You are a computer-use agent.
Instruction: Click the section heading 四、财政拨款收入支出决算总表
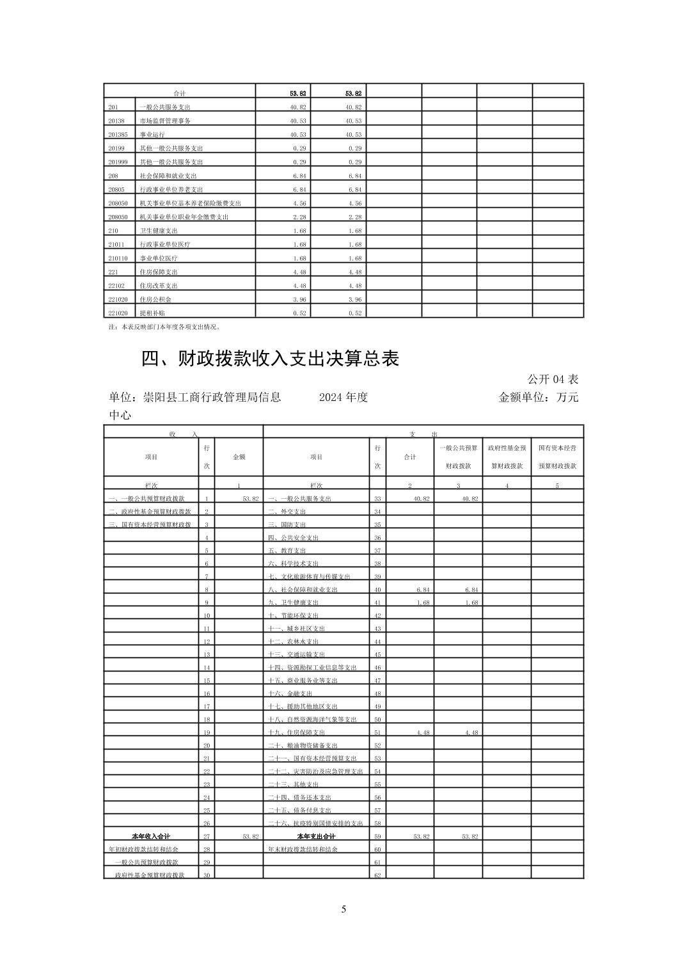[x=270, y=359]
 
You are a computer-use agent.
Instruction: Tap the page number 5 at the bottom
[x=343, y=909]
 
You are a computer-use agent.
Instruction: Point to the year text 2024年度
[x=343, y=397]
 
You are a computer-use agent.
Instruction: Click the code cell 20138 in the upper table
[x=116, y=121]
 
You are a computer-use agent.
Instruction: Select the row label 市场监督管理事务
[x=165, y=121]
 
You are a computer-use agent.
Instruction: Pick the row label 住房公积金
[x=155, y=299]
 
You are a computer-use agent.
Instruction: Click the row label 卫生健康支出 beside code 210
[x=159, y=231]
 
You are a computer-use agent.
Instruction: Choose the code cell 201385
[x=118, y=135]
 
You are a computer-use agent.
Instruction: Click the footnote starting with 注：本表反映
[x=165, y=327]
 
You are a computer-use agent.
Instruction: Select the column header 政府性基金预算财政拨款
[x=507, y=457]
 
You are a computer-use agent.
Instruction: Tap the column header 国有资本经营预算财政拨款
[x=557, y=457]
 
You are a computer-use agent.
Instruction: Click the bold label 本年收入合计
[x=151, y=836]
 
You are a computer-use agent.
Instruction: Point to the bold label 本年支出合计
[x=316, y=836]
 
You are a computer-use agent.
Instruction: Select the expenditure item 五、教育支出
[x=287, y=551]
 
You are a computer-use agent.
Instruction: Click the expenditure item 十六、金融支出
[x=290, y=694]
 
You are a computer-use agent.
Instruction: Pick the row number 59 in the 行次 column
[x=377, y=836]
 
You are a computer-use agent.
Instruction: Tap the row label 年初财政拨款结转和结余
[x=144, y=849]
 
